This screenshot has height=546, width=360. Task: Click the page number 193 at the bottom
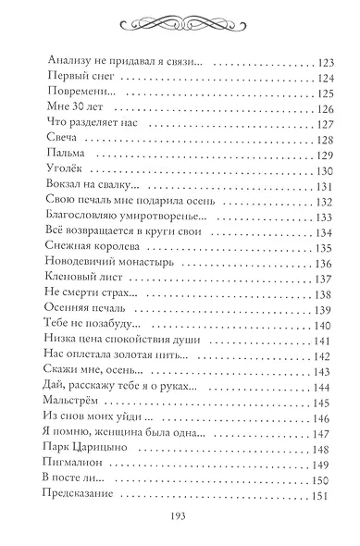pyautogui.click(x=180, y=519)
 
